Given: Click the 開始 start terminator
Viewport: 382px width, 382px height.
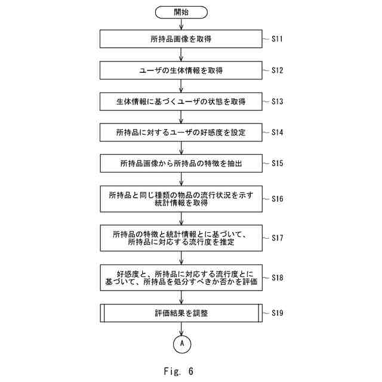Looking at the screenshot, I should click(x=181, y=12).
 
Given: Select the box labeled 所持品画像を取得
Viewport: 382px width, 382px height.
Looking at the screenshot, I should click(x=181, y=39).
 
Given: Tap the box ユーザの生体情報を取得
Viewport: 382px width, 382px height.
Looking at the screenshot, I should click(x=181, y=70).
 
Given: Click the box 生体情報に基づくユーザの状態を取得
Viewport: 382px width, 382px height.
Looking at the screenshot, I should click(x=181, y=101).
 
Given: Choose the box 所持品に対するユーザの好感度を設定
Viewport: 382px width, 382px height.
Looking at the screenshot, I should click(x=181, y=133).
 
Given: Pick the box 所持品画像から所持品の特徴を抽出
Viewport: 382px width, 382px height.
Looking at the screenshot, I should click(x=181, y=163).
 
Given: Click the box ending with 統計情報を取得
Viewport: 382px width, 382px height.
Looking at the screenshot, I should click(x=181, y=199).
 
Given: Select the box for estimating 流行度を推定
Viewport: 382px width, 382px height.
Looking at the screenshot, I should click(x=181, y=238).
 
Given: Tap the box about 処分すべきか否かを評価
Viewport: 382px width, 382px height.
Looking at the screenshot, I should click(x=181, y=277).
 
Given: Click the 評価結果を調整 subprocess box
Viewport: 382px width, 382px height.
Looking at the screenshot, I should click(x=181, y=312).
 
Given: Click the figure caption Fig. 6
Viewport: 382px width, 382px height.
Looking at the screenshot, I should click(x=178, y=371).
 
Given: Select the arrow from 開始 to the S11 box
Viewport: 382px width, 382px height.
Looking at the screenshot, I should click(x=181, y=24).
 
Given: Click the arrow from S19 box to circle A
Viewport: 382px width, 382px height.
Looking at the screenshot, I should click(x=181, y=328).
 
